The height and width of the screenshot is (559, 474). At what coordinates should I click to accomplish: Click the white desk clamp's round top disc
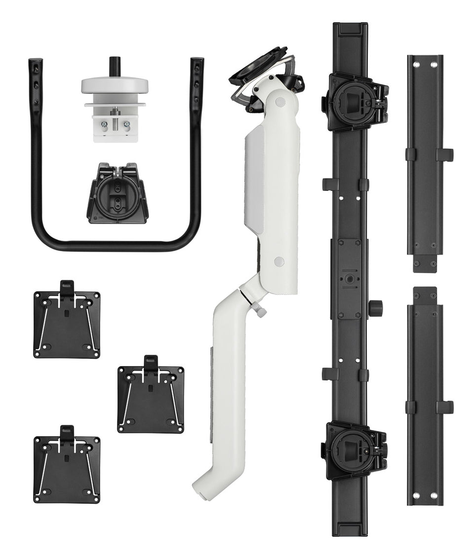pos(115,85)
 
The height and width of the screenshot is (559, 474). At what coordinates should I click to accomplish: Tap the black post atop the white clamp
pos(115,65)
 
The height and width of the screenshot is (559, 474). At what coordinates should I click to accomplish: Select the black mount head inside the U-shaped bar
pos(118,193)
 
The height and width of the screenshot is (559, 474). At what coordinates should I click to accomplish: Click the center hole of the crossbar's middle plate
pos(350,278)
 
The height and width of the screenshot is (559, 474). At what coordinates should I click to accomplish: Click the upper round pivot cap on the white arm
pos(280,102)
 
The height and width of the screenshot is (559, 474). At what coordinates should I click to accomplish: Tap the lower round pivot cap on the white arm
pos(279,261)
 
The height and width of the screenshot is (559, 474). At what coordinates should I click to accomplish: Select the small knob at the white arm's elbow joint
pos(261,311)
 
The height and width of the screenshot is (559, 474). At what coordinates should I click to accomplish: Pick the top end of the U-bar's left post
pos(35,62)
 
